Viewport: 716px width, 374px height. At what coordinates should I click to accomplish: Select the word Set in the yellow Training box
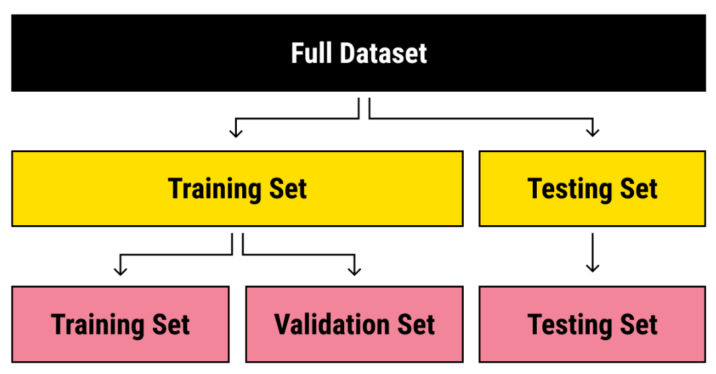(287, 189)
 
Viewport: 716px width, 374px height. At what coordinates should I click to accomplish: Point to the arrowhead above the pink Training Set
(120, 270)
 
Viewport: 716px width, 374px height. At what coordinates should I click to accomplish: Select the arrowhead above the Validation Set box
(354, 270)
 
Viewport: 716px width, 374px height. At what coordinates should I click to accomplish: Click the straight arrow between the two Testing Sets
(592, 253)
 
